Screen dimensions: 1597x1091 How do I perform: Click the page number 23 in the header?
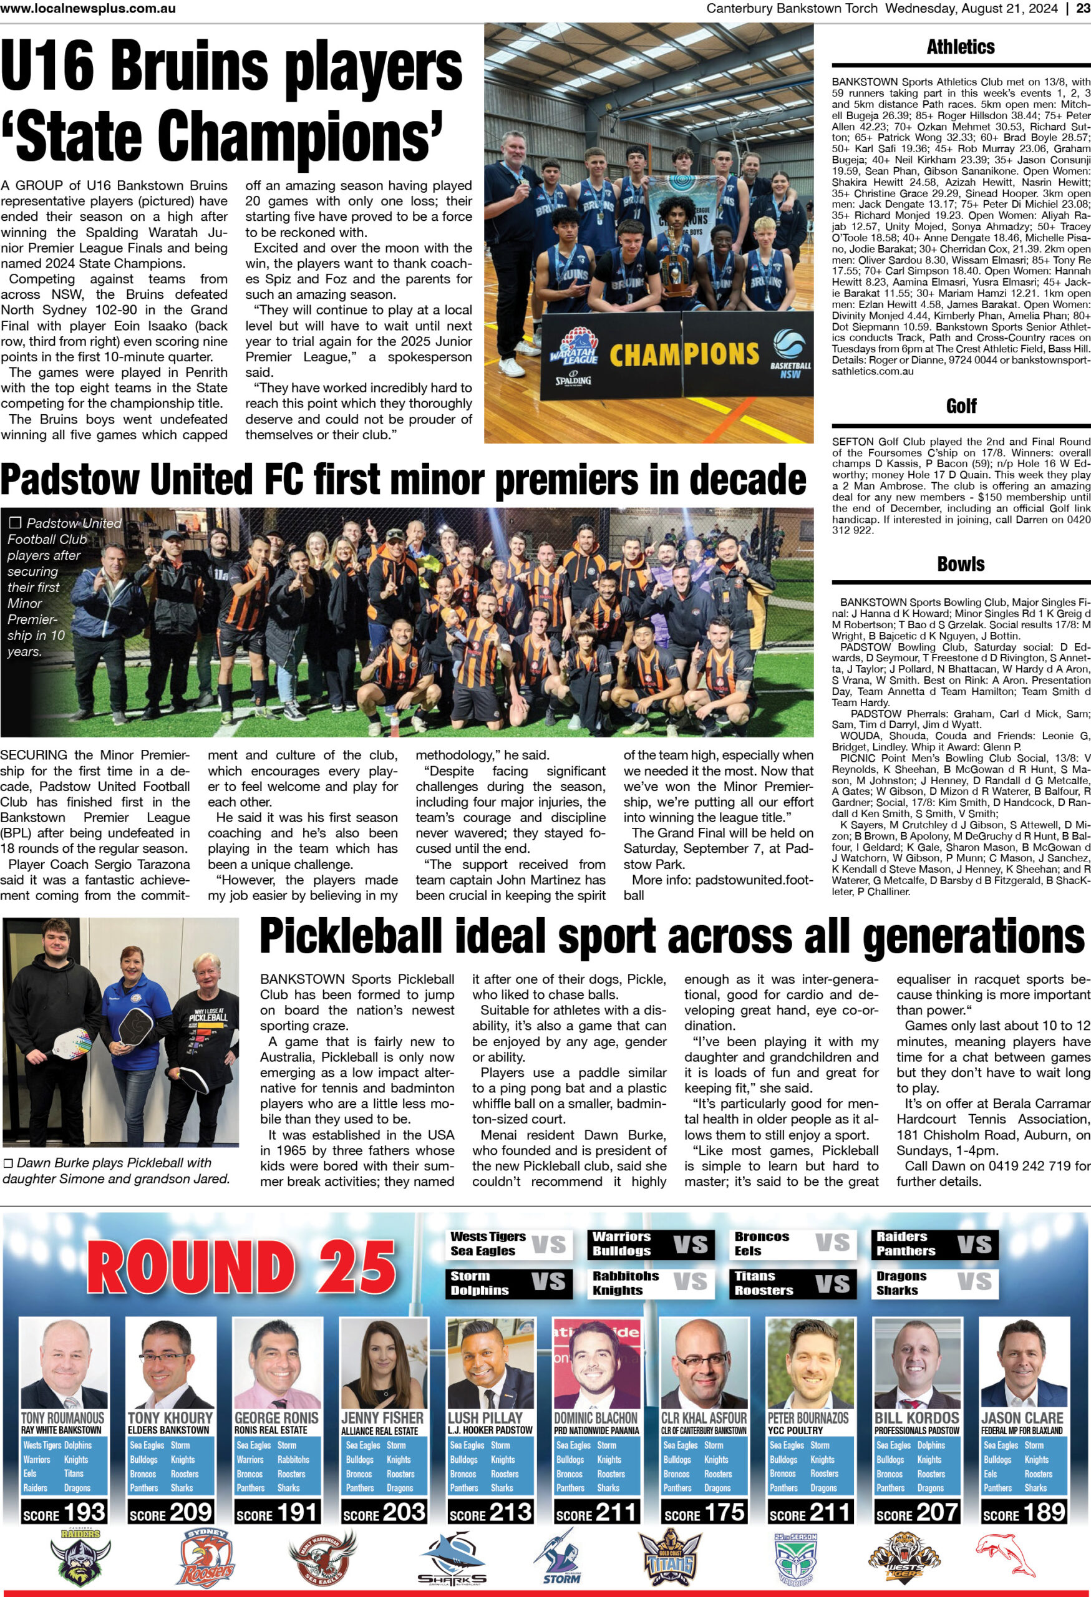[1082, 8]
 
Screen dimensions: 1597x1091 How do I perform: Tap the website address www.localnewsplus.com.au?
[88, 8]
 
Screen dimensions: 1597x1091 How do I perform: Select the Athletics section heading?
[961, 47]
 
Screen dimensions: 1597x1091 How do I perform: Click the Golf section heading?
[961, 406]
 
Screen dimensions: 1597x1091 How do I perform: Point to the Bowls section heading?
[961, 564]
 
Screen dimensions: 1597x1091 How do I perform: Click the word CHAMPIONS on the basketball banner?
[684, 354]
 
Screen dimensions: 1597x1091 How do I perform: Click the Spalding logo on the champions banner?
[573, 381]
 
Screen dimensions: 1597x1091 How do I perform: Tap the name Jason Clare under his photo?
[1022, 1417]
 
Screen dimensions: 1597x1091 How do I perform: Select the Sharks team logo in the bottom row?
[452, 1561]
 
